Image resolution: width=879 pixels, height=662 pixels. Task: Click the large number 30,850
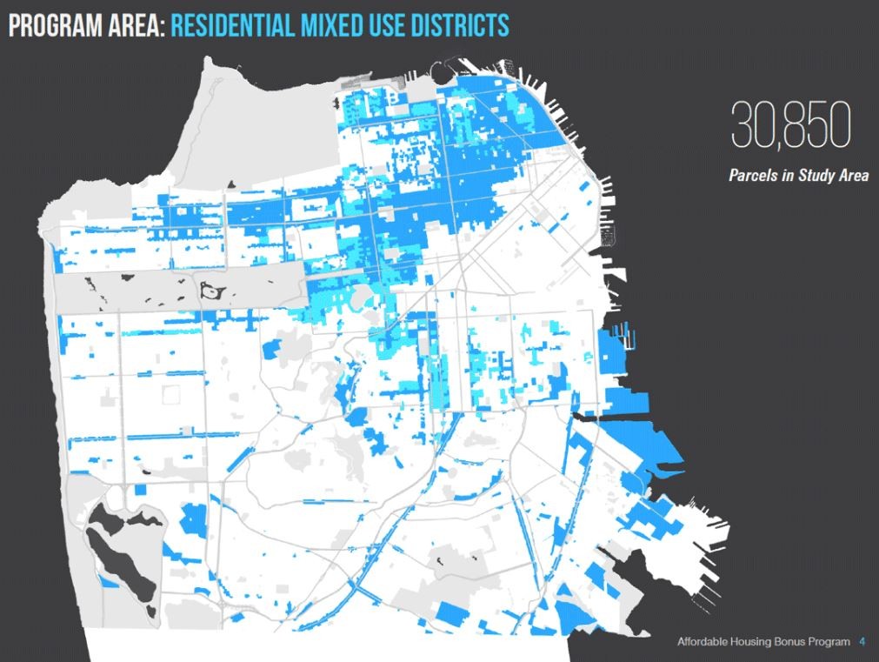(x=789, y=126)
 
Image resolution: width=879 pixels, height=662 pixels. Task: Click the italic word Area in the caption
(x=853, y=176)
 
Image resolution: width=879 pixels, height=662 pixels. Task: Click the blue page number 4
(x=862, y=642)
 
